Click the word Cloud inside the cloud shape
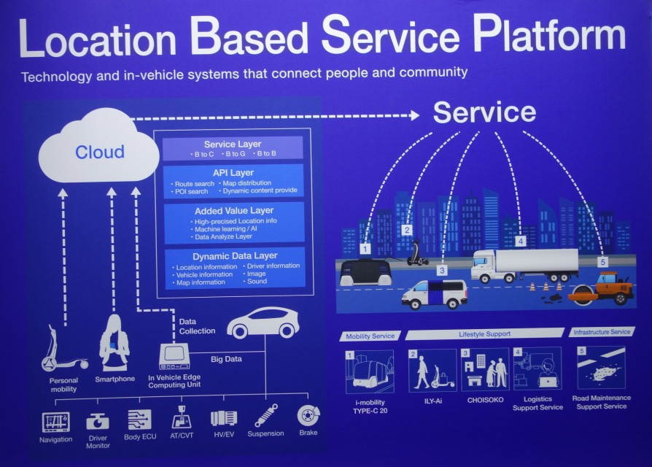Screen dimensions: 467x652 click(x=100, y=153)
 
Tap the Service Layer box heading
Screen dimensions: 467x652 click(x=232, y=144)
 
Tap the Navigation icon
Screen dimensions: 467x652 click(x=56, y=421)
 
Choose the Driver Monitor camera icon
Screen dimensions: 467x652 click(x=97, y=421)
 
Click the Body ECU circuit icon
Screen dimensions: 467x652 click(x=139, y=420)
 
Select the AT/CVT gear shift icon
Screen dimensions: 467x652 click(x=182, y=418)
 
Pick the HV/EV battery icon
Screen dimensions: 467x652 click(x=224, y=418)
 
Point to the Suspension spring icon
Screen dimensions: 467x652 click(x=265, y=415)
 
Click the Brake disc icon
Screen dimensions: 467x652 click(x=308, y=416)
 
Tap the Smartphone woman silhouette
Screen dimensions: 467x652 click(x=115, y=343)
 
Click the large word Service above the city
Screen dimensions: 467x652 click(x=484, y=112)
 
